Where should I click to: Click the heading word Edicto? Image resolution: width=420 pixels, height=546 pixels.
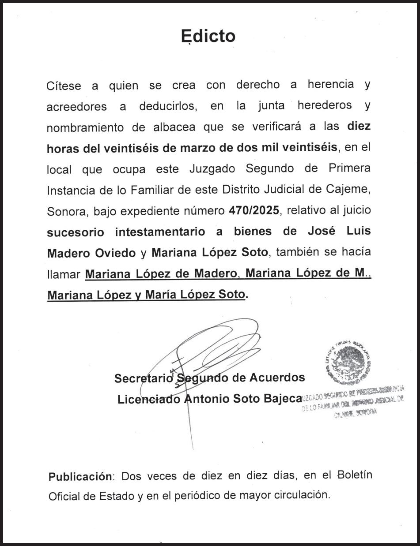pos(208,36)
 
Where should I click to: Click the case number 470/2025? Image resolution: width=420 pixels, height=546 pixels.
pos(254,210)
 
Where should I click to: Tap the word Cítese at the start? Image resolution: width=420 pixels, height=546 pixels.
pos(64,86)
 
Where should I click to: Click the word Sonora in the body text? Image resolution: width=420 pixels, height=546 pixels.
pos(67,211)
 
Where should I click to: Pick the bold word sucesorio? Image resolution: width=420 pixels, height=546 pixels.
pos(76,232)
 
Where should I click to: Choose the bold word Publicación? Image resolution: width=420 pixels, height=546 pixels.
pos(80,476)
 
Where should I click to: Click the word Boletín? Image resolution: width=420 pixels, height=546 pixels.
pos(355,475)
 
